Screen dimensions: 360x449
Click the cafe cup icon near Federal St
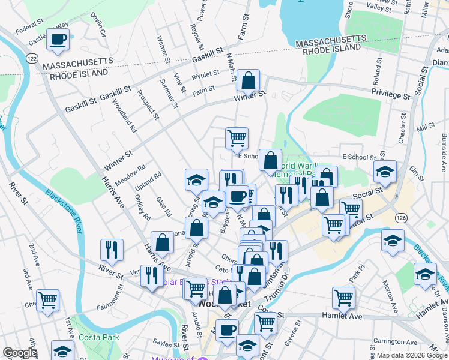click(x=58, y=40)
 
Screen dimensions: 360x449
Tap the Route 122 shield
click(x=32, y=58)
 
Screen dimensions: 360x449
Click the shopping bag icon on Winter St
click(x=248, y=80)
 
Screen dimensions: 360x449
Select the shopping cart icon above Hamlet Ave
click(x=343, y=297)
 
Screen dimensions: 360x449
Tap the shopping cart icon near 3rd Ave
click(x=47, y=300)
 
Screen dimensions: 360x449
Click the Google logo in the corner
click(x=20, y=353)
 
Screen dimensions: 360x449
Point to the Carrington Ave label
click(x=393, y=341)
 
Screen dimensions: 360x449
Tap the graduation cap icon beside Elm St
click(x=385, y=171)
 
